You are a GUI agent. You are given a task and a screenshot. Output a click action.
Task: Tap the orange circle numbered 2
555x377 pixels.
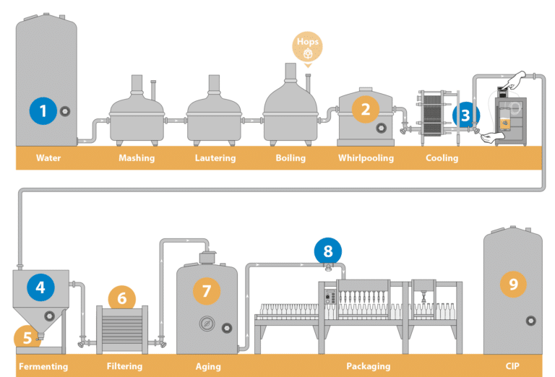(x=366, y=109)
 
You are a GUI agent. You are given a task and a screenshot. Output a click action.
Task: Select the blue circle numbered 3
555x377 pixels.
(x=465, y=114)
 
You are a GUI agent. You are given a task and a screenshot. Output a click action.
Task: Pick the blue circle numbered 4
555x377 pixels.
(x=40, y=287)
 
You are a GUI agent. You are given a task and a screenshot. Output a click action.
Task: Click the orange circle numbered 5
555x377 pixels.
(x=27, y=336)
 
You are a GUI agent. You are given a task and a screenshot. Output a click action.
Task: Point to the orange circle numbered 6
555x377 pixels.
(x=121, y=298)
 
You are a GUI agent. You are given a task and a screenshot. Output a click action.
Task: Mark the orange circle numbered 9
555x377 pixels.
(x=513, y=284)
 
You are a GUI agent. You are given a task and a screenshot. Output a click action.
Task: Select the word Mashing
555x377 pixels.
(x=136, y=157)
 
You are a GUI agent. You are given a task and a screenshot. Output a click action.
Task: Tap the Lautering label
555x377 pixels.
(x=215, y=157)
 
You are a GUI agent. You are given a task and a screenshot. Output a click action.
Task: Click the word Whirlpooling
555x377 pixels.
(x=366, y=157)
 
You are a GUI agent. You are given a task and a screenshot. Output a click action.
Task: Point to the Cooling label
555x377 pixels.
(x=442, y=157)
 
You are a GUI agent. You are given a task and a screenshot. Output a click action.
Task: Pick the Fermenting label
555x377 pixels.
(x=43, y=365)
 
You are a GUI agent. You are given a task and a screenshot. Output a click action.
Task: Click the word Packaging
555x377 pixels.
(x=368, y=365)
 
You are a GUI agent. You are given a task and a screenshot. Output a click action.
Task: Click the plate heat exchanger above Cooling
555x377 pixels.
(x=438, y=113)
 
